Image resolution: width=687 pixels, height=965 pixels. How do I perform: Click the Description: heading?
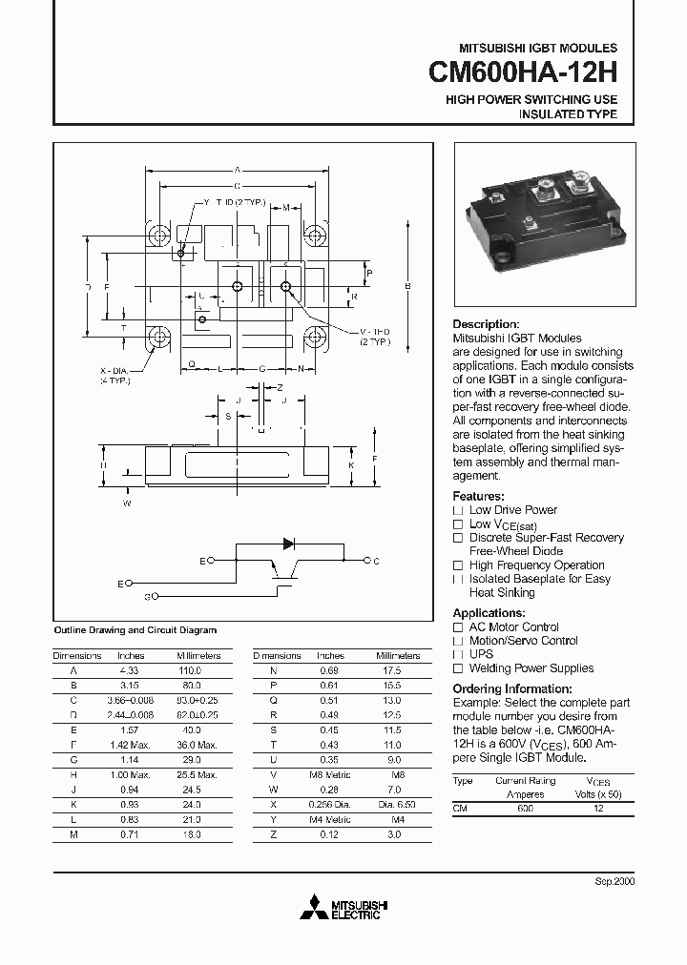486,324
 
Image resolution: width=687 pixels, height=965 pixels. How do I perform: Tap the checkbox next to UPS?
458,655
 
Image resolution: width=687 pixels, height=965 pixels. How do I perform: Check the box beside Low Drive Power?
458,510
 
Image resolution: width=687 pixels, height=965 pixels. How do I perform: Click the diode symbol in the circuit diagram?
288,544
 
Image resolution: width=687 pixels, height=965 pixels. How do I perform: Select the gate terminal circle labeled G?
156,596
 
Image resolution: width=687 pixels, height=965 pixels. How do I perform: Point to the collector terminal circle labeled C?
365,562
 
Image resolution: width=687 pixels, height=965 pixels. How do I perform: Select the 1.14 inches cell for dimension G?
131,759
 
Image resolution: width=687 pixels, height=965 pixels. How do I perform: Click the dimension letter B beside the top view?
407,287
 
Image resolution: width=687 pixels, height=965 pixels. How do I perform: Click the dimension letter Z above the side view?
280,388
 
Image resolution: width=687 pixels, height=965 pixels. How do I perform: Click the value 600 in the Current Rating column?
525,808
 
